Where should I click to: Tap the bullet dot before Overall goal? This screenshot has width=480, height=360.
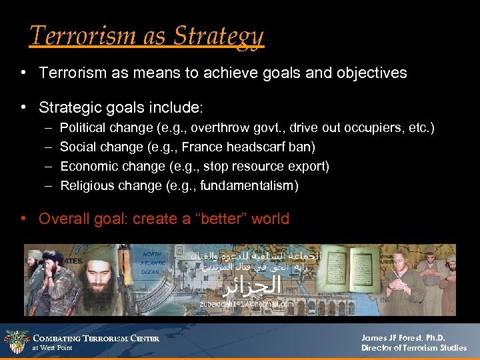[x=24, y=219]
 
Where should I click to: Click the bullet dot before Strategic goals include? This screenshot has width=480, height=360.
[x=24, y=107]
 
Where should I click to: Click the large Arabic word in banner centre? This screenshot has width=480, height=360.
[x=249, y=287]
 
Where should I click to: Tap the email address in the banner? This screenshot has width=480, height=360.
[x=247, y=304]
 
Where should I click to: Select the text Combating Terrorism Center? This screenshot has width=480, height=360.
[x=96, y=339]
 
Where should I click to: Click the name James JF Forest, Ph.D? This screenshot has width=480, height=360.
[x=404, y=337]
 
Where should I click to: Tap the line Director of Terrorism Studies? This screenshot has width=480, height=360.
[x=413, y=348]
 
